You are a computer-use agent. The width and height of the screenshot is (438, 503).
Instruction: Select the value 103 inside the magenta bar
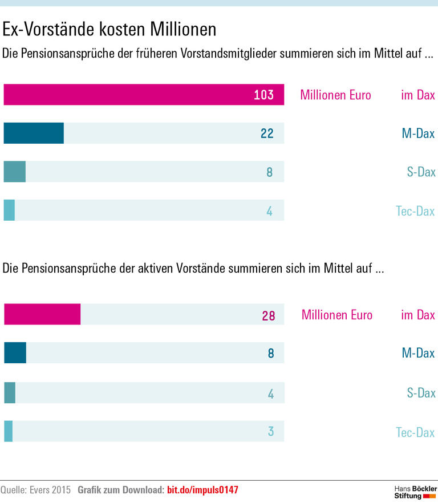(264, 95)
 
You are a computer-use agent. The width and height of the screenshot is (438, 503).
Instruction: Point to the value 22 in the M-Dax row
(267, 133)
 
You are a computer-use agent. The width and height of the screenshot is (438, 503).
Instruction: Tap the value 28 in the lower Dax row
(269, 315)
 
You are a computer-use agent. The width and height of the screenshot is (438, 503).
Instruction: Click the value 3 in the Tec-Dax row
(271, 431)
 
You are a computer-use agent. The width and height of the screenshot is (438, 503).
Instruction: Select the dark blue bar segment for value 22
(34, 133)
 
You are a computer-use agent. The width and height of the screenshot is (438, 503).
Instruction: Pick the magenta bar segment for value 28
(42, 314)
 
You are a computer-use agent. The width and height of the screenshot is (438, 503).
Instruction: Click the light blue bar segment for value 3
(8, 431)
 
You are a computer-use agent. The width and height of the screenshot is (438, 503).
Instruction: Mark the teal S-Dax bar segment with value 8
(15, 172)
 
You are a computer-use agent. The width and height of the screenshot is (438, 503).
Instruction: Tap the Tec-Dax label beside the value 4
(415, 211)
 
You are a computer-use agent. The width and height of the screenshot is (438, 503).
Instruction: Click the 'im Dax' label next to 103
(417, 95)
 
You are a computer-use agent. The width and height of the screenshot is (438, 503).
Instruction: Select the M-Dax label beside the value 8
(418, 353)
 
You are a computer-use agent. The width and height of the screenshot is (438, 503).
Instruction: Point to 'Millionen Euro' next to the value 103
(335, 95)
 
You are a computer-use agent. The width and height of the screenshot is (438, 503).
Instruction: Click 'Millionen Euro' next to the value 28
(336, 315)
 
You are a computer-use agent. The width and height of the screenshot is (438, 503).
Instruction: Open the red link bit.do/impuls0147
(202, 490)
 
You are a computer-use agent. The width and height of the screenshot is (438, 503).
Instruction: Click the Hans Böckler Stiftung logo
(415, 492)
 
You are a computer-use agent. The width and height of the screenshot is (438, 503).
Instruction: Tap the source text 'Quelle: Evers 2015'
(35, 490)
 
